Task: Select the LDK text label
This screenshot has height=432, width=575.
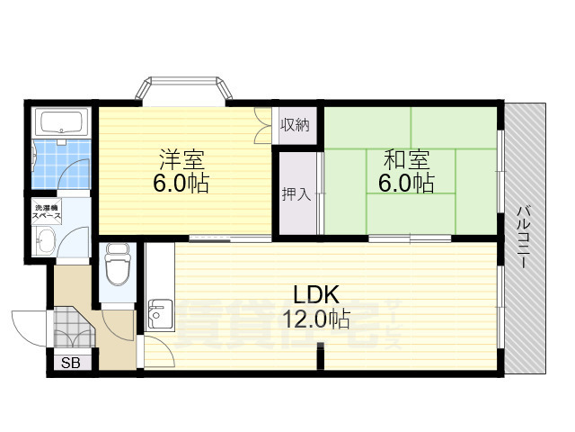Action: [314, 294]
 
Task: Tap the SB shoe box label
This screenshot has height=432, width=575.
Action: [68, 364]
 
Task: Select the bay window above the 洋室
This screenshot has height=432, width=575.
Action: [183, 91]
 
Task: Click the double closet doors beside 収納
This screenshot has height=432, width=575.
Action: [262, 125]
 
